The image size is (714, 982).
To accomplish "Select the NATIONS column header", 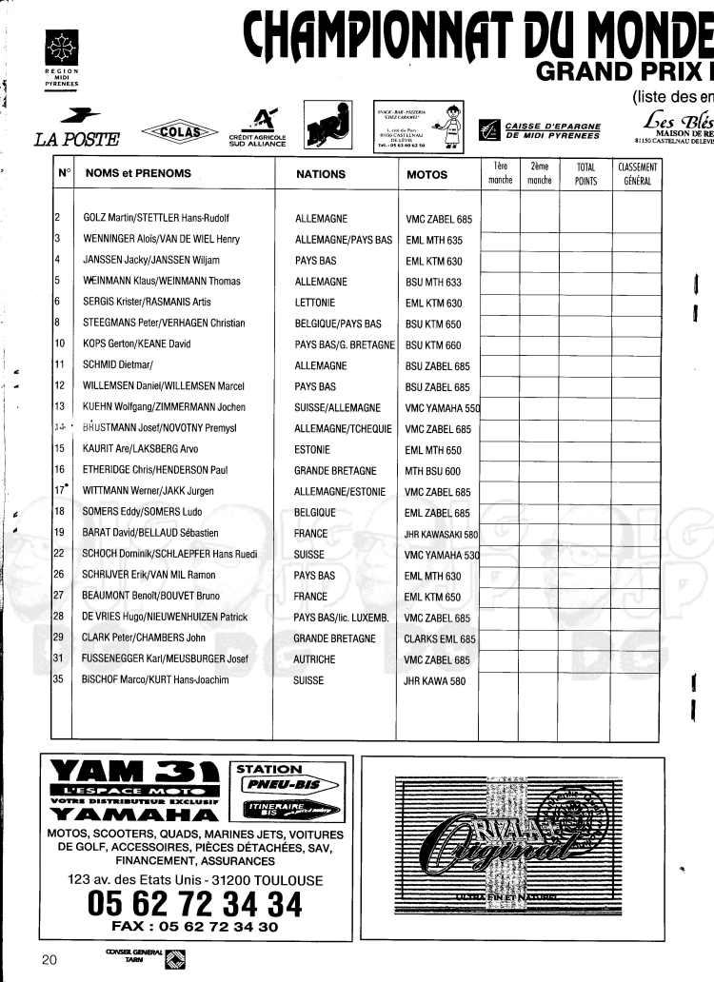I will [321, 175].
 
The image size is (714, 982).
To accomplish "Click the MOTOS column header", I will [427, 175].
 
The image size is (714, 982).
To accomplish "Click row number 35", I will [59, 680].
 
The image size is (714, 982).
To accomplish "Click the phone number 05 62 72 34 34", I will [195, 900].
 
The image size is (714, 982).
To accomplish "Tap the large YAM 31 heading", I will [133, 771].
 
